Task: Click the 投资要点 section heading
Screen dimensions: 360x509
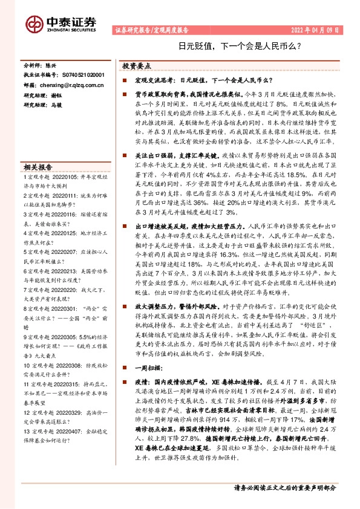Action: (x=137, y=65)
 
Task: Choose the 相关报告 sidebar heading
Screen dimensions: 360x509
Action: (x=38, y=167)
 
